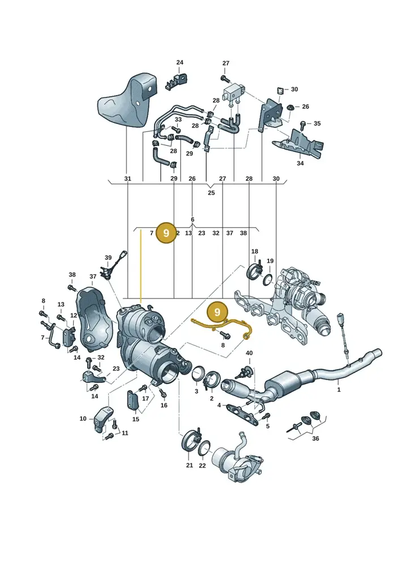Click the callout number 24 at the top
[180, 62]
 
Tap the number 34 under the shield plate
[300, 163]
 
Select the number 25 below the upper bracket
[211, 193]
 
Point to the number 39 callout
[108, 258]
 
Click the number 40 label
[249, 353]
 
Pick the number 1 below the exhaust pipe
[339, 390]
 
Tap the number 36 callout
[315, 438]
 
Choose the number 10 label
[83, 419]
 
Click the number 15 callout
[136, 419]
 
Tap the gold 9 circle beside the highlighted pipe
[217, 312]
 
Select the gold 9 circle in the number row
[166, 233]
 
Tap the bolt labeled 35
[303, 123]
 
